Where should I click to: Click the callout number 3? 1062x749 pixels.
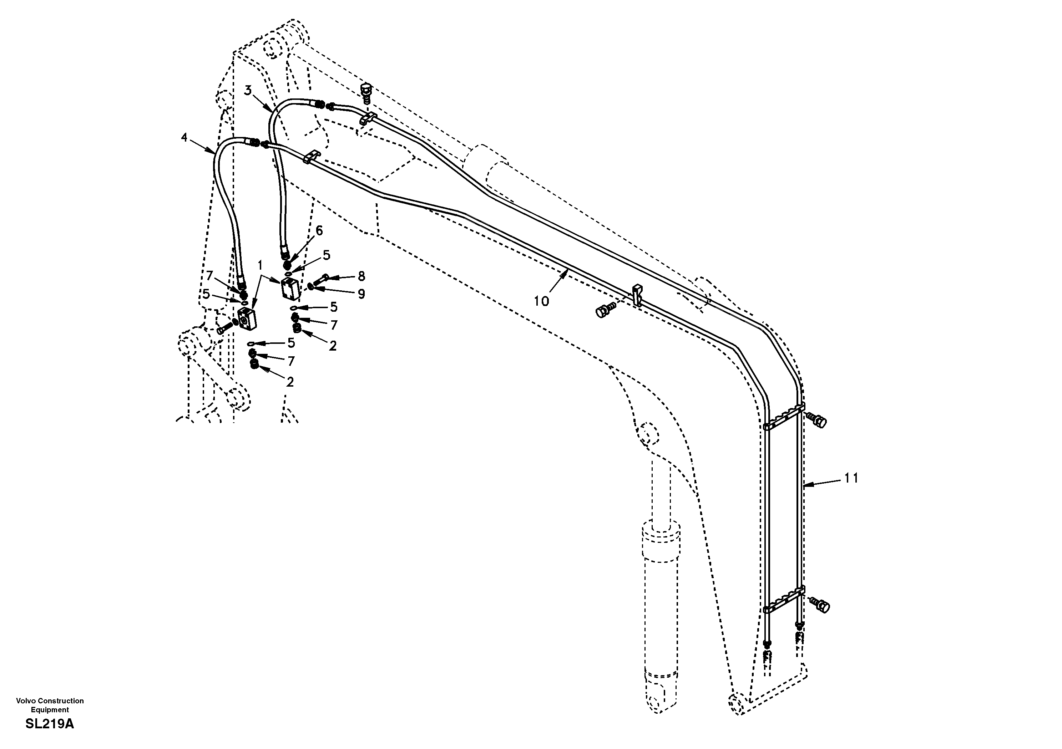pos(248,91)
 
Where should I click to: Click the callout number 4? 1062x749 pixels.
pos(184,137)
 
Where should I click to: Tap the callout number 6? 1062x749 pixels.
pos(319,230)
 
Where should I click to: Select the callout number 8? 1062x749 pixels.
pos(361,276)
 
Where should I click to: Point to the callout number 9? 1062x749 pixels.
pos(361,294)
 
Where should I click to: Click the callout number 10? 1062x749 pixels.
pos(541,301)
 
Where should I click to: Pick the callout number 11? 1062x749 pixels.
pos(851,478)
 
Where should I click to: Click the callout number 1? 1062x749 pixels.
pos(260,265)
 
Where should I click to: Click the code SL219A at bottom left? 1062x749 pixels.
pos(50,724)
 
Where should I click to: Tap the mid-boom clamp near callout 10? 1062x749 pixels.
pos(637,295)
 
